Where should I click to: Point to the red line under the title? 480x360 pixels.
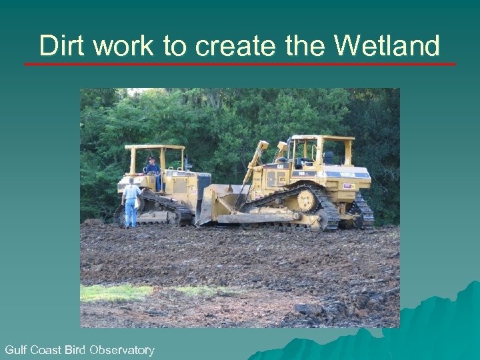240,65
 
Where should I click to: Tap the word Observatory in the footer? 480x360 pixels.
122,349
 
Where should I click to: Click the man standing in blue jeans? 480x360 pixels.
131,203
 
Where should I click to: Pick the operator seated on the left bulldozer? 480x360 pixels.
153,167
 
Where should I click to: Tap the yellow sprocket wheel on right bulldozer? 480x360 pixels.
307,199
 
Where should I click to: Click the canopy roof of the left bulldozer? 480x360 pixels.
155,147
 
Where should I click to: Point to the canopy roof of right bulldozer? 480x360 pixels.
322,138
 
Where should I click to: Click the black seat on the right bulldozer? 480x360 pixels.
329,158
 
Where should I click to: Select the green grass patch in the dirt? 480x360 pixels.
120,292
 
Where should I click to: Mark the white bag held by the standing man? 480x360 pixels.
137,202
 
